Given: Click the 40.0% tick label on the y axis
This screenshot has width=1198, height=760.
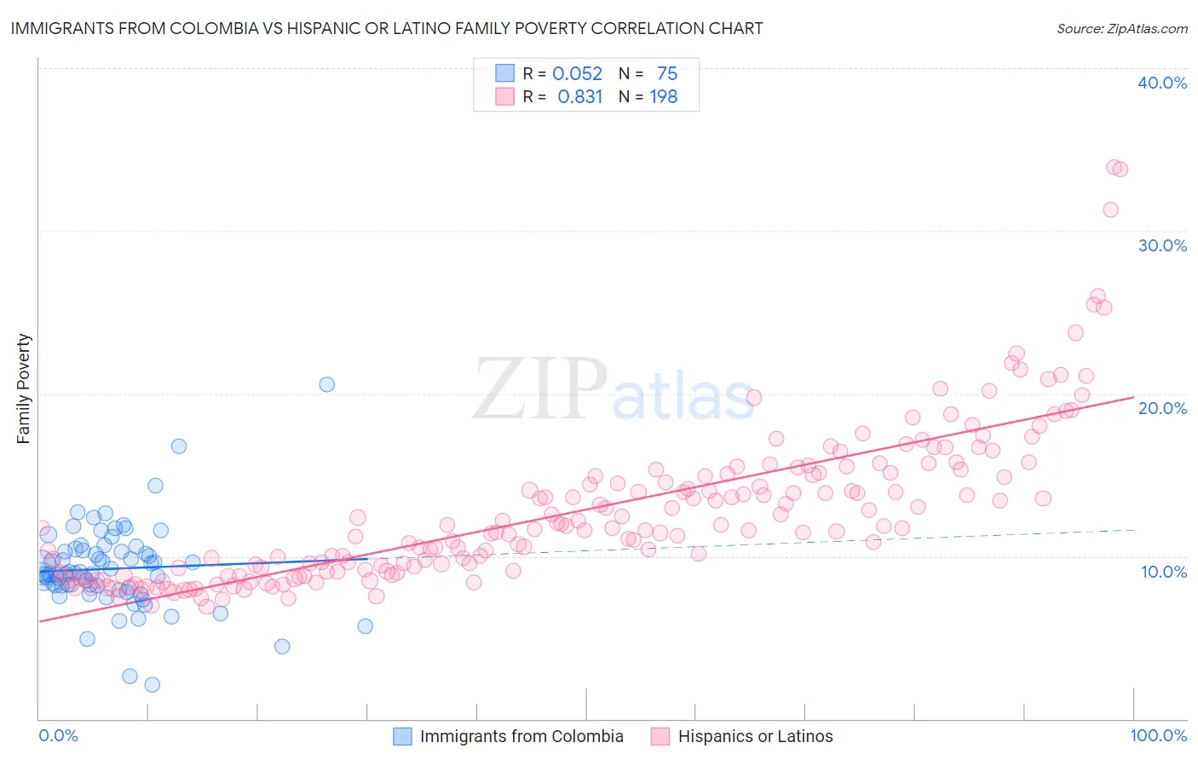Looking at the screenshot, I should click(1162, 83).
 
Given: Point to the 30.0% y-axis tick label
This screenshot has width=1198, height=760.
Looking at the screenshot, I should click(1162, 245).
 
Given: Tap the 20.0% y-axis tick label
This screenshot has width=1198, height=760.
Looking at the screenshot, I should click(1162, 408).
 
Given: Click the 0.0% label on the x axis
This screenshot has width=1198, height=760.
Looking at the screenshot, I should click(58, 736).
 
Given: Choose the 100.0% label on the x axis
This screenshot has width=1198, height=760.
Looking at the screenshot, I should click(1158, 736).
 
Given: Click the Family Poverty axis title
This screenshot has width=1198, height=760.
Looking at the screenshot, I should click(24, 389).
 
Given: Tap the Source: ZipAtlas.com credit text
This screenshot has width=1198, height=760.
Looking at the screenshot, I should click(1121, 28).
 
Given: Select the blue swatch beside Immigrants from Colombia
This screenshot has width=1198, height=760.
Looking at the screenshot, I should click(402, 736).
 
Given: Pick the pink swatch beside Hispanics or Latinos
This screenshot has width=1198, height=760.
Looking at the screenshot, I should click(660, 736).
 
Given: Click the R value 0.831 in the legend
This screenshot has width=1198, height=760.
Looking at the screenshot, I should click(579, 97).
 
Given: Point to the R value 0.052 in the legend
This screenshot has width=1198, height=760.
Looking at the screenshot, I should click(577, 74).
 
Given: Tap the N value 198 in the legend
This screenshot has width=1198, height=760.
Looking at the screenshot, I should click(664, 97).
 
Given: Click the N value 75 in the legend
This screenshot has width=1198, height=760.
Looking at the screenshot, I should click(667, 74).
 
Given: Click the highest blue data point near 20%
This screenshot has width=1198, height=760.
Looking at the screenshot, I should click(326, 384).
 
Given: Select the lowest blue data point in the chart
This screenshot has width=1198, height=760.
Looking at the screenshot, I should click(153, 685).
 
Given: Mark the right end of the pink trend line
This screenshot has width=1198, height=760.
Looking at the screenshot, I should click(1133, 397).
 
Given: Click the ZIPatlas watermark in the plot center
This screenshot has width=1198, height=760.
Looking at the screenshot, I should click(613, 389).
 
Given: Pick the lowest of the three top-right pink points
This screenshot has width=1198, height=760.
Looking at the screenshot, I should click(1110, 210).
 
